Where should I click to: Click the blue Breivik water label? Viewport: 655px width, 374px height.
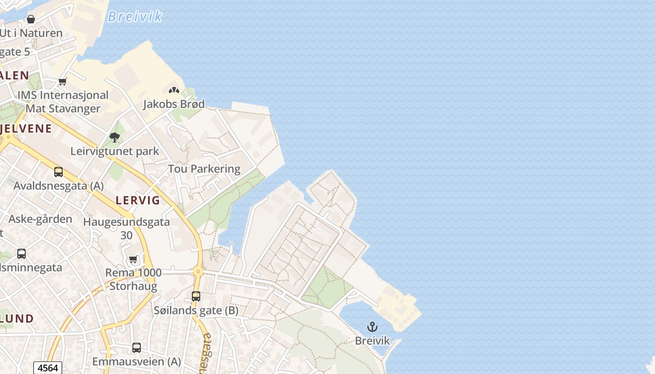pos(134,17)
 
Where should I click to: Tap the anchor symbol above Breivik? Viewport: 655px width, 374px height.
pos(372,327)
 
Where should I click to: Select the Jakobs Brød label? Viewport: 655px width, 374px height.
pos(174,104)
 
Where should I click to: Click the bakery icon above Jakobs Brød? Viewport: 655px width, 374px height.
pos(174,90)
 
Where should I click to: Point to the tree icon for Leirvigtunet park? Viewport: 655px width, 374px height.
pos(115,137)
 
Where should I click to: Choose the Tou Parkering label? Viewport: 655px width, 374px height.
pos(204,169)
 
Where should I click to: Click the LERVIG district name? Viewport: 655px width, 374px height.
pos(138,201)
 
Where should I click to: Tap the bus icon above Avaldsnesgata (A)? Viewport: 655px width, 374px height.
pos(58,172)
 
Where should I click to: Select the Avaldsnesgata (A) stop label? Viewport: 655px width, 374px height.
pos(58,186)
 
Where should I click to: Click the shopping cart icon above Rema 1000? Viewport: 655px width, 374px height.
pos(133,259)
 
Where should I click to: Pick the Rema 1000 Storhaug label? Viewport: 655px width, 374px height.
pos(133,279)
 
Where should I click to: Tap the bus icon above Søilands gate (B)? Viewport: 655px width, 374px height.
pos(196,296)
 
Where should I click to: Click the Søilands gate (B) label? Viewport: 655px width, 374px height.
pos(196,310)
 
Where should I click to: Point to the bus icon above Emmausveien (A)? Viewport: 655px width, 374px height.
pos(137,348)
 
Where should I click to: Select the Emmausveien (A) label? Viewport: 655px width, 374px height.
pos(137,361)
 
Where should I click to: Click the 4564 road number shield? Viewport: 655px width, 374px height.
pos(48,368)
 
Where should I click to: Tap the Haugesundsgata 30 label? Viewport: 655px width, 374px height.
pos(126,228)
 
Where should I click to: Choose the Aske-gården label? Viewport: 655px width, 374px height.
pos(41,219)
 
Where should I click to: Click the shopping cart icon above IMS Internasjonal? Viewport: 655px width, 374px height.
pos(62,82)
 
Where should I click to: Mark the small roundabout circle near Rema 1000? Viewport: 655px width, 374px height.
pos(198,271)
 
